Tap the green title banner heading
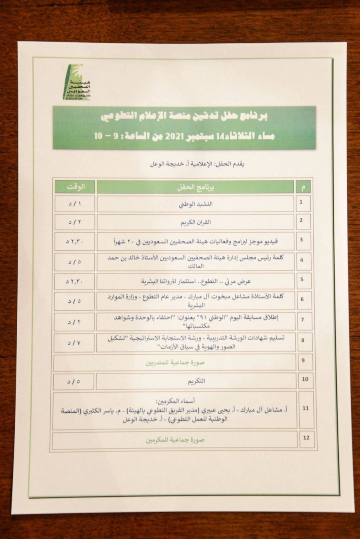point(184,126)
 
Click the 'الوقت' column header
point(75,187)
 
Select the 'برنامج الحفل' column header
point(196,187)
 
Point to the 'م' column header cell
point(304,187)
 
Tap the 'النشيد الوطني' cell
point(196,204)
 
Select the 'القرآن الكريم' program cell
point(196,222)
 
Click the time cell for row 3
point(74,241)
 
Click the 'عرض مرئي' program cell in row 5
point(196,281)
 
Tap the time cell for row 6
point(74,301)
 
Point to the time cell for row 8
point(74,343)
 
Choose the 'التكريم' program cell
point(196,381)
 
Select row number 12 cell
point(306,438)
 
